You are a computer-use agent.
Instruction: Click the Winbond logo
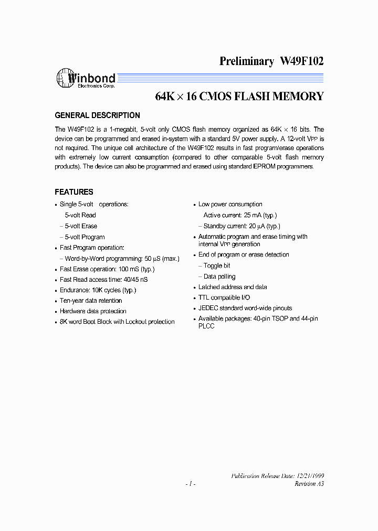(86, 79)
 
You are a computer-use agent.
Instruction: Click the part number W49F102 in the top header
(302, 61)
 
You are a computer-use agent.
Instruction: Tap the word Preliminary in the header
(247, 61)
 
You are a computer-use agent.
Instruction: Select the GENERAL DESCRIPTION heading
(98, 115)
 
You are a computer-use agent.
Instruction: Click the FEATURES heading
(74, 192)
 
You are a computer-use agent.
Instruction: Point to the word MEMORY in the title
(297, 97)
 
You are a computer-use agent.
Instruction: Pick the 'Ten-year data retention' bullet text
(91, 301)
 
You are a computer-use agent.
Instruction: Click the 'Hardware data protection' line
(93, 311)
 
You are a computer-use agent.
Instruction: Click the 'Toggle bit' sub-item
(217, 265)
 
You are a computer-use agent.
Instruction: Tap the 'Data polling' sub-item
(219, 277)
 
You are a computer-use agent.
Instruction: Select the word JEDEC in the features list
(208, 308)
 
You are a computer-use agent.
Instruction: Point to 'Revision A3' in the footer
(309, 483)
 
